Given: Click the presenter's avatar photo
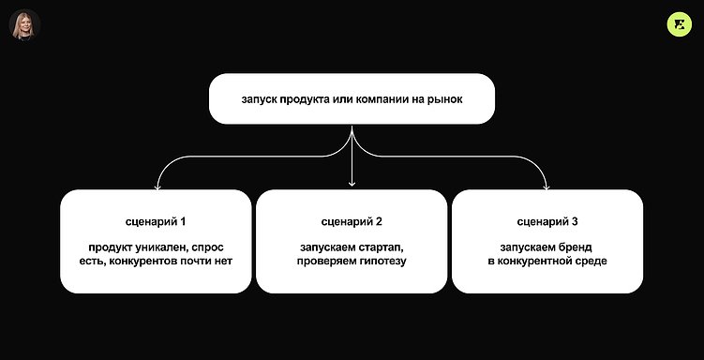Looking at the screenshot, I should (24, 25).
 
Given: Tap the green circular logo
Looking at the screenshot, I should (679, 25).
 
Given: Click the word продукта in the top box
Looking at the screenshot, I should (305, 98).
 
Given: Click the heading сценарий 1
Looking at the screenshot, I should (156, 221).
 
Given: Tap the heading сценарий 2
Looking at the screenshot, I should (352, 221).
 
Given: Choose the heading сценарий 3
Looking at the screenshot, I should (547, 221).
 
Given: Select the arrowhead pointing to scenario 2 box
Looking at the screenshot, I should (352, 183).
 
